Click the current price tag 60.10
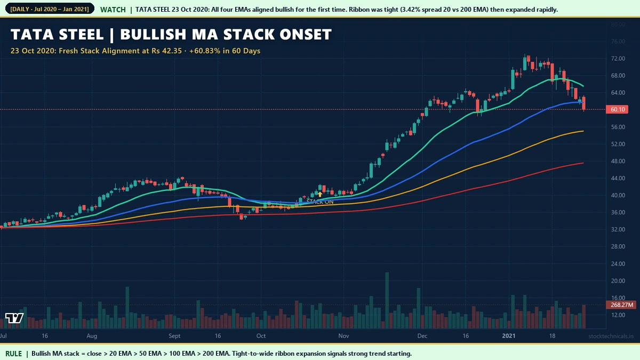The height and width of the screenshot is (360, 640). click(x=619, y=109)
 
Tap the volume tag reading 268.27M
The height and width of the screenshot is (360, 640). click(x=622, y=305)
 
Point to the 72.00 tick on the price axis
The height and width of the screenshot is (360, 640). click(x=618, y=58)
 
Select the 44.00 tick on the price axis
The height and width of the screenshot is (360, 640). click(x=618, y=178)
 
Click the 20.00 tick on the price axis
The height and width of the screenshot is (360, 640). click(x=618, y=281)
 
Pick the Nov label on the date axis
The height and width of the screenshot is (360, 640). click(x=343, y=337)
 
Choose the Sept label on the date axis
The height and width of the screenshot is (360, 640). click(x=175, y=337)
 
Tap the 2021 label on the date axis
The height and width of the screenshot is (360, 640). click(x=509, y=337)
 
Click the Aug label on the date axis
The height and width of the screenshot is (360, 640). click(x=92, y=337)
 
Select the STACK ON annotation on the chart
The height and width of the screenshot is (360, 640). click(x=320, y=202)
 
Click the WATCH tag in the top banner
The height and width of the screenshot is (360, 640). click(x=113, y=10)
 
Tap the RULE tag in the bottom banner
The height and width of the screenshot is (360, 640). click(x=14, y=354)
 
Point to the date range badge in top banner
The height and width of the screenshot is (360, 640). click(x=49, y=10)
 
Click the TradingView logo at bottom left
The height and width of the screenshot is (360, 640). click(x=14, y=318)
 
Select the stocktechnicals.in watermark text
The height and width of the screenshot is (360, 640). click(x=611, y=337)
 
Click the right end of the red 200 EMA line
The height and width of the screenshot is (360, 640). click(x=583, y=163)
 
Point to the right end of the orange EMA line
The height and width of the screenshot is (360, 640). click(x=583, y=131)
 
